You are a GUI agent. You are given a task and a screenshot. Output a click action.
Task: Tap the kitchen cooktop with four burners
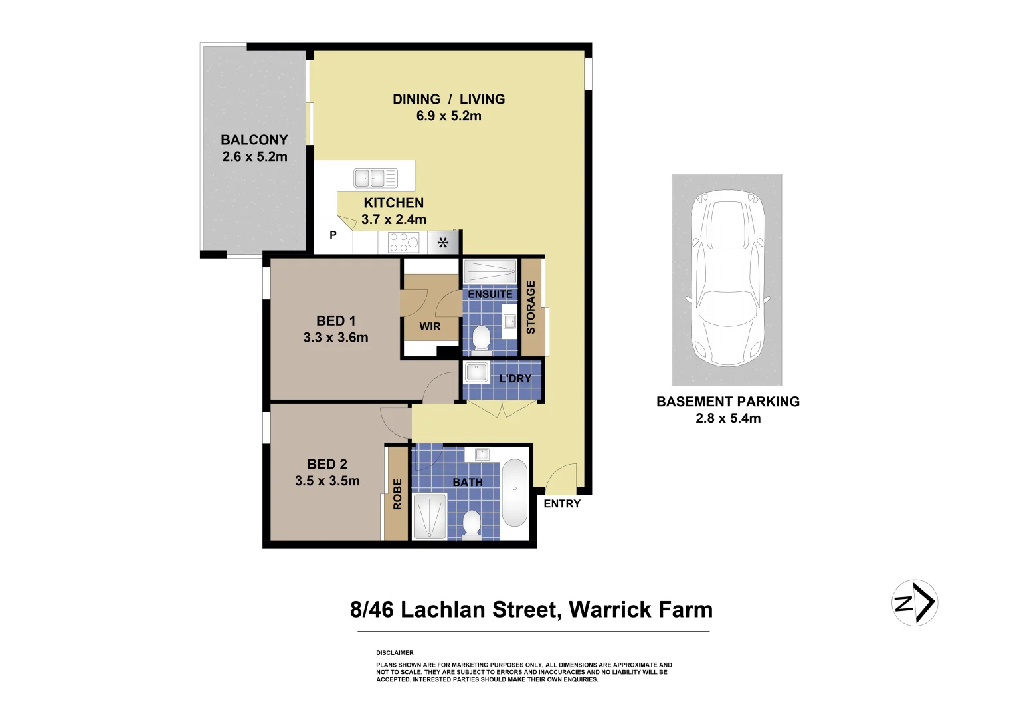click(403, 243)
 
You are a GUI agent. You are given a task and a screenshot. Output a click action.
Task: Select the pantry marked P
click(333, 235)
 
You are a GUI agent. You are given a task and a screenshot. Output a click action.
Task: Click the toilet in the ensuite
click(480, 338)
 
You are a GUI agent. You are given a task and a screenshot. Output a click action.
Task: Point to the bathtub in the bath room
click(514, 492)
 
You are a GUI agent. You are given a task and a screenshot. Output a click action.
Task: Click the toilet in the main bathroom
click(472, 523)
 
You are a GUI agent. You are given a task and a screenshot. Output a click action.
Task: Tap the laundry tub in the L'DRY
click(476, 372)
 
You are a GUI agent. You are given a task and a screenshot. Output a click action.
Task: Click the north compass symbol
click(914, 603)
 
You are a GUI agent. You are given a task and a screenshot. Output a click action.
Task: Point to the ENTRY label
click(562, 504)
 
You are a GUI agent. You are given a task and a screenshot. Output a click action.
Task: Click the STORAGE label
click(531, 307)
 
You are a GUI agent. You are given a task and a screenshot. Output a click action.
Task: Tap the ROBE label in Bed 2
click(397, 494)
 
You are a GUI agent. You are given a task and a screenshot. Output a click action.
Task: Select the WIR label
click(430, 326)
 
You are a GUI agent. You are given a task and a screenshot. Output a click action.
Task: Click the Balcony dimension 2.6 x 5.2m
click(254, 157)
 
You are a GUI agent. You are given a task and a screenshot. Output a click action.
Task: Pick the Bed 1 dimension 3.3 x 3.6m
click(335, 338)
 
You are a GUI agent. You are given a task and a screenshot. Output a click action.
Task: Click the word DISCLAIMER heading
click(395, 653)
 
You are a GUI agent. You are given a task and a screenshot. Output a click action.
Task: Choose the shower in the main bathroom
click(430, 516)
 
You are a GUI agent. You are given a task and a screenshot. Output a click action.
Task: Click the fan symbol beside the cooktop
click(443, 243)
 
